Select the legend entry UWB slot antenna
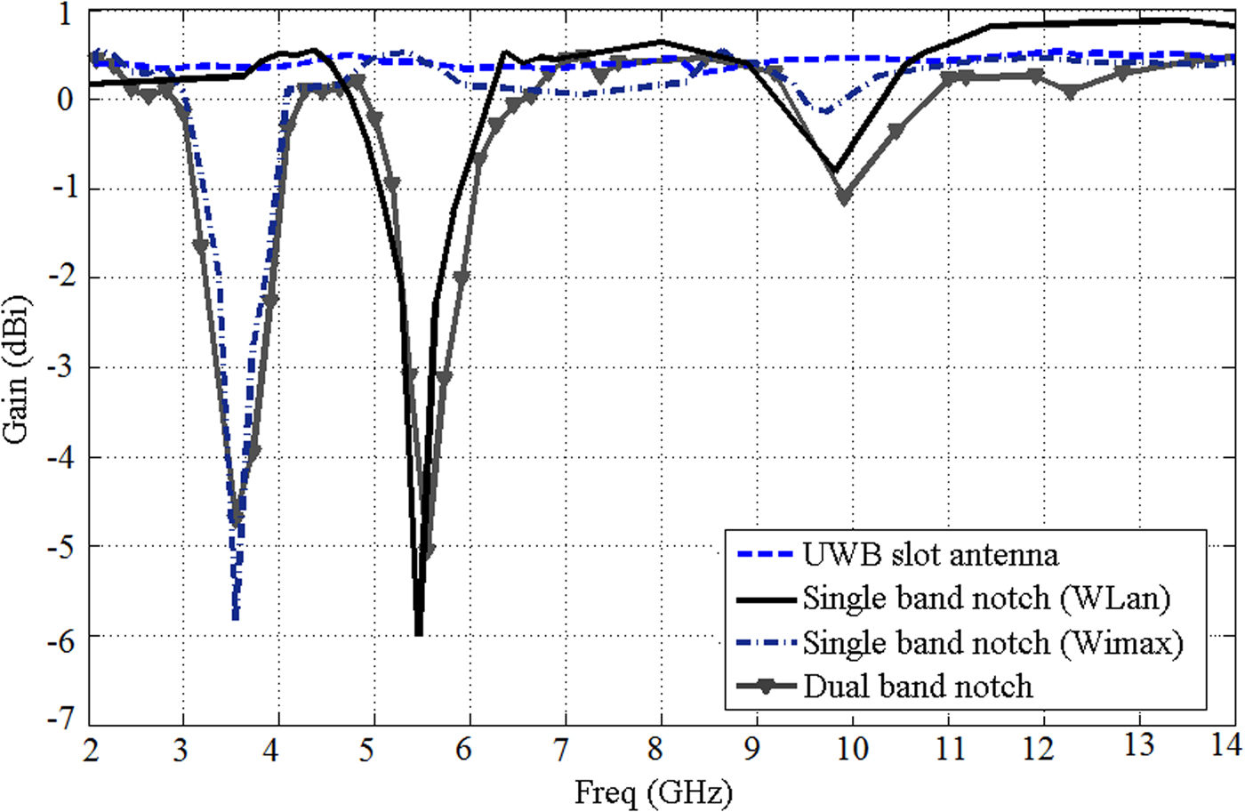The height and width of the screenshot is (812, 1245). tap(930, 554)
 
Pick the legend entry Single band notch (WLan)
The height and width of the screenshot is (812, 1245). tap(986, 598)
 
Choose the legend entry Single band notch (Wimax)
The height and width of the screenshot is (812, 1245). tap(992, 642)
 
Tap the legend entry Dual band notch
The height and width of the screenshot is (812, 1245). tap(918, 687)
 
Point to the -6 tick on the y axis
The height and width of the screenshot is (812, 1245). tap(60, 639)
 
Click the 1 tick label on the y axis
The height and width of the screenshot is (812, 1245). tap(67, 15)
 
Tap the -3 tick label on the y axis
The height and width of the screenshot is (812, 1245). tap(60, 369)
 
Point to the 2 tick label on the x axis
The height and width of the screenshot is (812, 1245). tap(91, 749)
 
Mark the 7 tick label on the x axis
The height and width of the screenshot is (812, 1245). tap(560, 749)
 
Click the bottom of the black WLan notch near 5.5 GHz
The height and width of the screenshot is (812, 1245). tap(419, 632)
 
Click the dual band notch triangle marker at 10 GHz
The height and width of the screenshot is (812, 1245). tap(844, 197)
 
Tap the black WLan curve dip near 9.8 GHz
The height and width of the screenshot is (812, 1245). tap(833, 169)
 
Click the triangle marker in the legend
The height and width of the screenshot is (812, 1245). tap(765, 687)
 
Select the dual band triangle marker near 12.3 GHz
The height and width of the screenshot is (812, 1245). tap(1071, 92)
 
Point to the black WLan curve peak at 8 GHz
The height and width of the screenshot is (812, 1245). tap(661, 42)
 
